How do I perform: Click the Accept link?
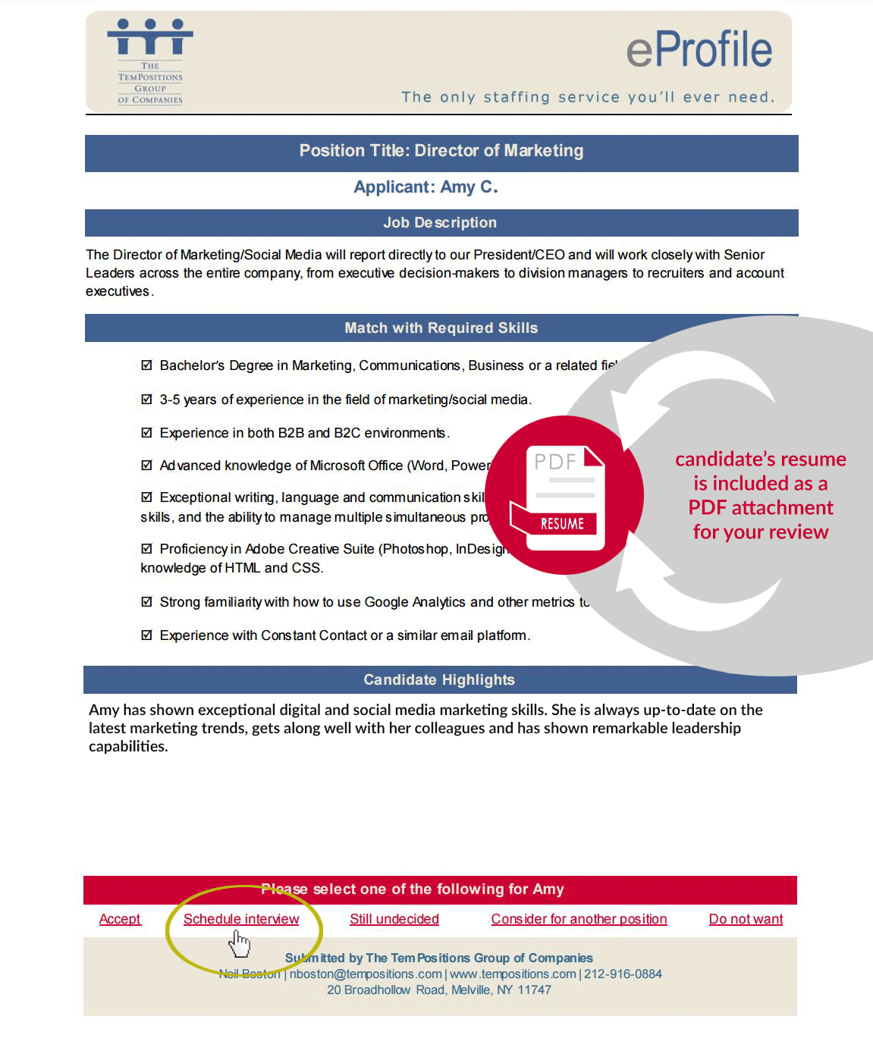[120, 919]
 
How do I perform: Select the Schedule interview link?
[241, 919]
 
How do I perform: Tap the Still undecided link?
[394, 919]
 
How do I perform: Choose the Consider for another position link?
[579, 919]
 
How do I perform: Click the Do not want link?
[746, 919]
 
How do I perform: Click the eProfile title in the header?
[699, 50]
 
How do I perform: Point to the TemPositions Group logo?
[150, 61]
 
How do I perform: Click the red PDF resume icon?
[564, 495]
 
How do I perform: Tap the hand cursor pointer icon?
[240, 944]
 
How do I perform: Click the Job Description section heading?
[440, 223]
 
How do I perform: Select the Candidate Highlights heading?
[439, 680]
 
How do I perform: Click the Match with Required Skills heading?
[441, 328]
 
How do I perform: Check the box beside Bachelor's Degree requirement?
[147, 365]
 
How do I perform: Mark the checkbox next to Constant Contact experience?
[147, 635]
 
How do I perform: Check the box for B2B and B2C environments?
[147, 433]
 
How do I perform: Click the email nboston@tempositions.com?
[366, 974]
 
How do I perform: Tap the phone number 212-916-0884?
[623, 974]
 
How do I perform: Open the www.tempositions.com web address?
[513, 974]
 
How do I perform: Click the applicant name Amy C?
[468, 187]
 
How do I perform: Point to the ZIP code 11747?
[535, 990]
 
